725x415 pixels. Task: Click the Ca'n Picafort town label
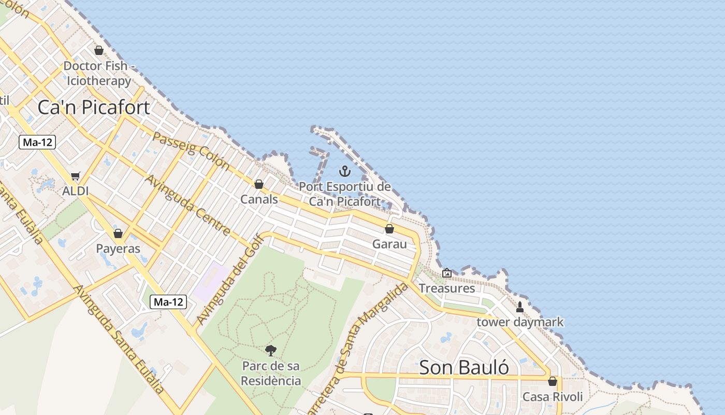(x=94, y=107)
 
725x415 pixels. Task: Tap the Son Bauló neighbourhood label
(x=463, y=367)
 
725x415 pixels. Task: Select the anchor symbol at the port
(x=344, y=171)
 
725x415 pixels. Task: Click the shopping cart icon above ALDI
(x=76, y=176)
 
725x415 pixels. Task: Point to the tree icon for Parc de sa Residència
(x=270, y=351)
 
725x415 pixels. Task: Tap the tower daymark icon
(x=519, y=307)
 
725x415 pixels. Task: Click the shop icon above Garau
(x=389, y=229)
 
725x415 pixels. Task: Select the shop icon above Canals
(x=259, y=184)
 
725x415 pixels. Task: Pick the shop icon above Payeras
(x=118, y=233)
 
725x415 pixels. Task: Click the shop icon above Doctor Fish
(x=99, y=51)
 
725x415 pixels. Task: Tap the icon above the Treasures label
(x=446, y=273)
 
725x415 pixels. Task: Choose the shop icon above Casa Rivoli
(x=553, y=382)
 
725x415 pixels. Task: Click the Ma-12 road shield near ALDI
(x=37, y=142)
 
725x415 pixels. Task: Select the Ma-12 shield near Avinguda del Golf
(x=168, y=302)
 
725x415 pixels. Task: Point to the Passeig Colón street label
(x=191, y=150)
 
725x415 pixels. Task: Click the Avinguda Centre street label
(x=187, y=204)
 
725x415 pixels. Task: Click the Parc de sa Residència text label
(x=271, y=373)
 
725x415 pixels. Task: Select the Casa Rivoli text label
(x=553, y=397)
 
